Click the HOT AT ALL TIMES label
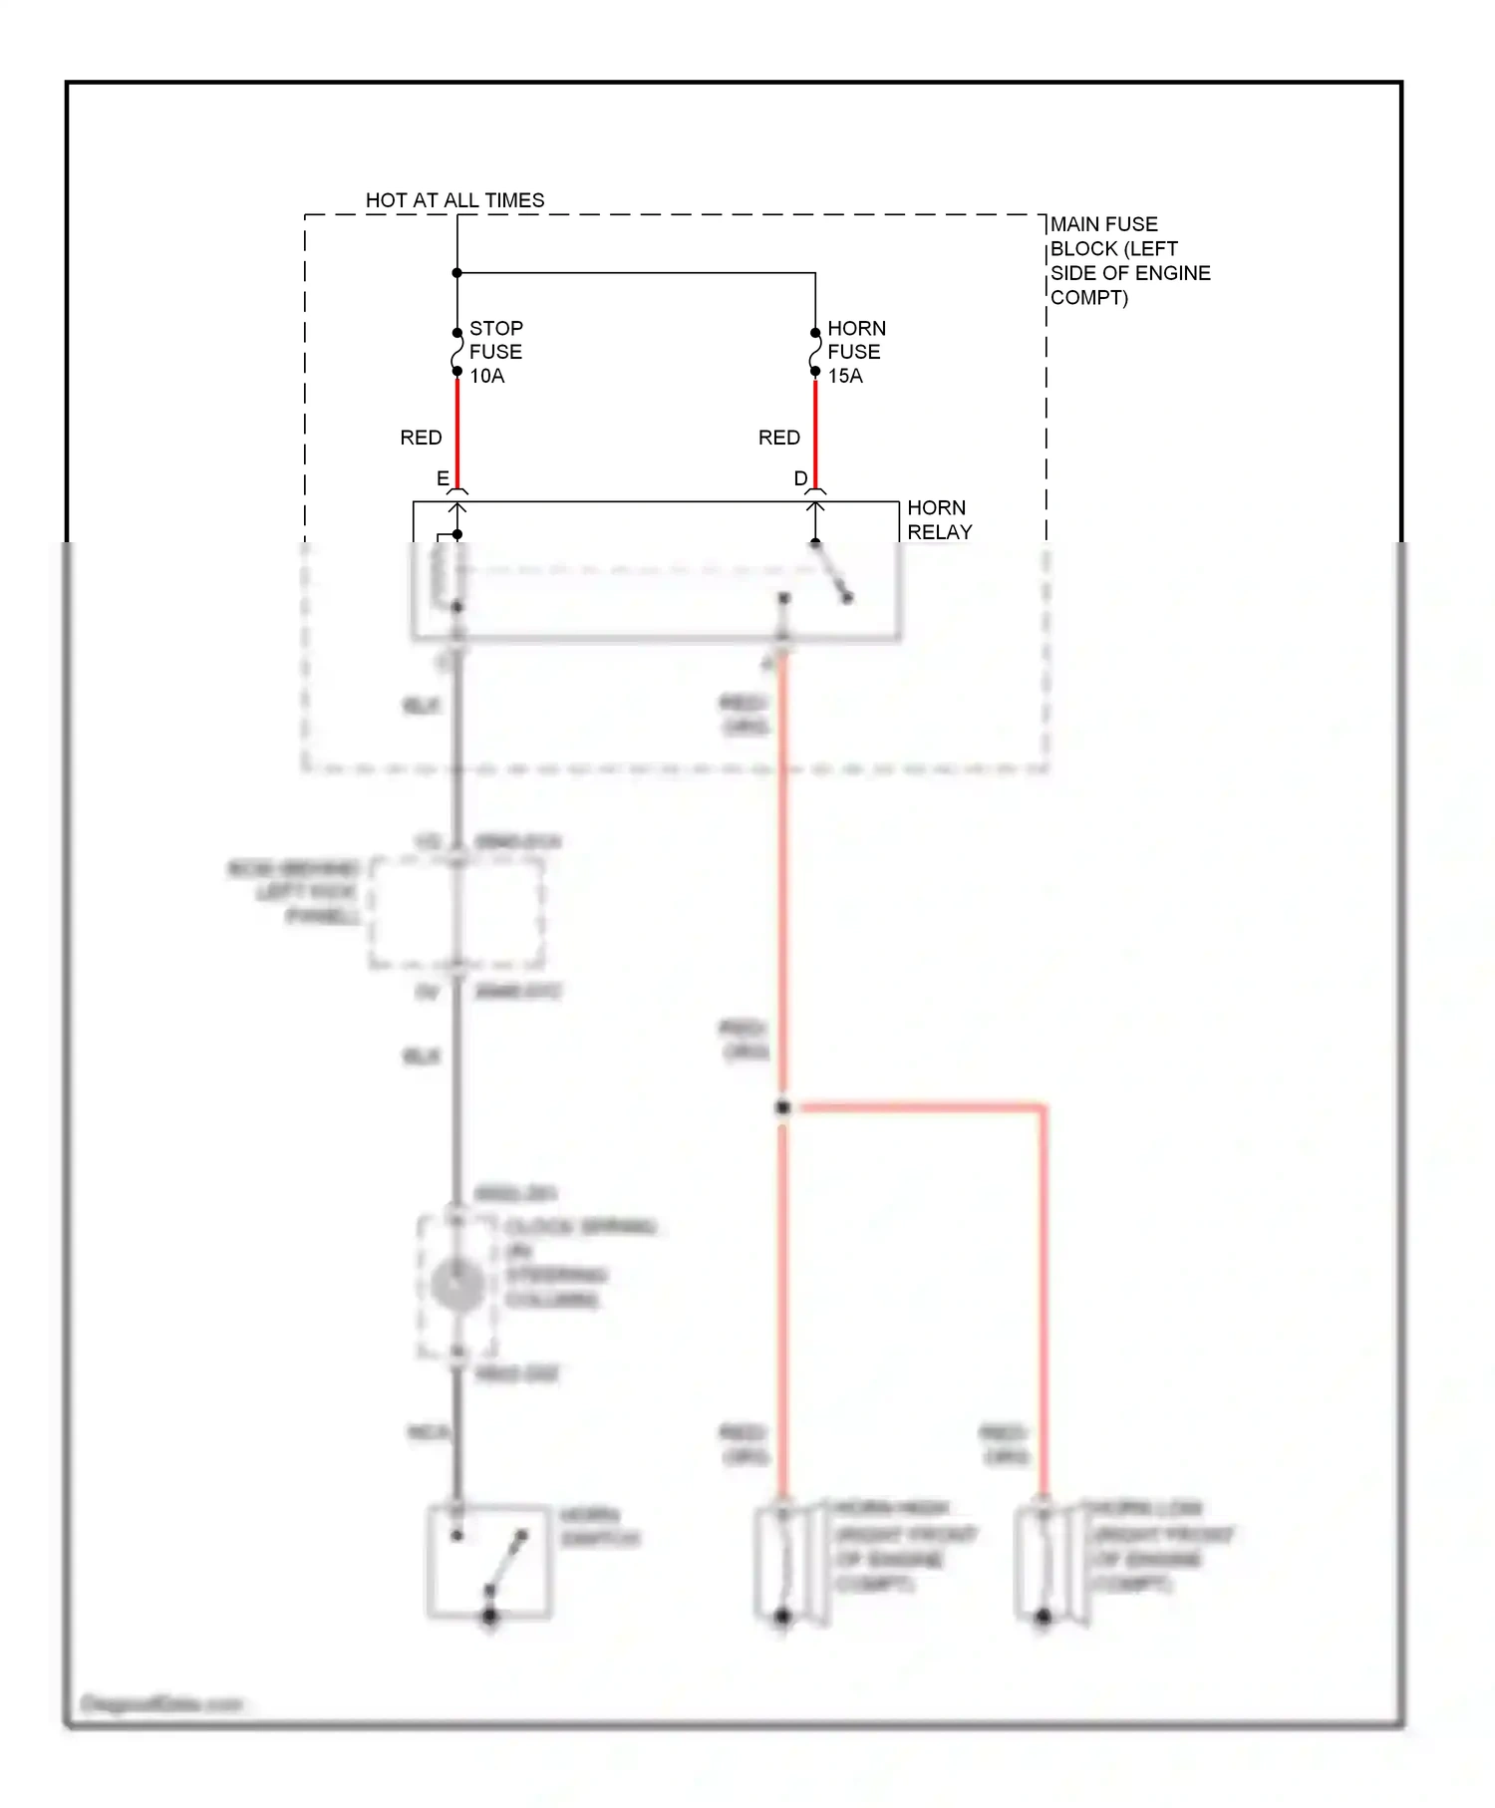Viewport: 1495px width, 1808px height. coord(454,200)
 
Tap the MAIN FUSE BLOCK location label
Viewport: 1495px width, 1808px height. coord(1129,261)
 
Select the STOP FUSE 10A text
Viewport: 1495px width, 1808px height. coord(495,352)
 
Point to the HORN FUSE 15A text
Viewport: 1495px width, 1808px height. coord(854,352)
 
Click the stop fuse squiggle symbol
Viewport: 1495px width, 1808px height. coord(457,352)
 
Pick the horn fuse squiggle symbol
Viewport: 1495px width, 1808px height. coord(815,352)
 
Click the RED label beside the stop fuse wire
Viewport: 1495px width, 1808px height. coord(421,438)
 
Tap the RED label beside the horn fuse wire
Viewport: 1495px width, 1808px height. coord(778,438)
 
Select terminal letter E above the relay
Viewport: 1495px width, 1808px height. coord(443,478)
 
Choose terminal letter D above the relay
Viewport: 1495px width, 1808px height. coord(800,478)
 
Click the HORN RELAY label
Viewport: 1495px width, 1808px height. coord(938,520)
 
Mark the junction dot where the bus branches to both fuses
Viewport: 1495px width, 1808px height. coord(457,273)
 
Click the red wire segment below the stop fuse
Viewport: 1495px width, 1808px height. coord(457,429)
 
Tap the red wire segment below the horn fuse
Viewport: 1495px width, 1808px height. coord(815,429)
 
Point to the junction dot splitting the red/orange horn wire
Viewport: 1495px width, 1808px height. coord(783,1107)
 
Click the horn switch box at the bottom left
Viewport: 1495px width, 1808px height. coord(488,1561)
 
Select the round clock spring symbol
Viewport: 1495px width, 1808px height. coord(457,1285)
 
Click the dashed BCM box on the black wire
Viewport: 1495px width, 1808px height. coord(457,912)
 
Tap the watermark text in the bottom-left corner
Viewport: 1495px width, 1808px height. coord(161,1703)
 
